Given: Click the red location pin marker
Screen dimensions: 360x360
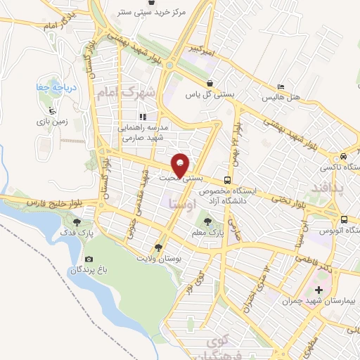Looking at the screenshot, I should pyautogui.click(x=181, y=165).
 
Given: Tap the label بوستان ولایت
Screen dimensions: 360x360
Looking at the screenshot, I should pyautogui.click(x=160, y=259).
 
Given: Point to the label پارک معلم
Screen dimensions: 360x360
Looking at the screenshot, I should pyautogui.click(x=207, y=231).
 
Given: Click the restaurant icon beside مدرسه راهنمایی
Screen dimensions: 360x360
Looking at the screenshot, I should pyautogui.click(x=143, y=117).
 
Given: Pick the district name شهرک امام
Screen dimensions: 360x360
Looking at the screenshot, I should pyautogui.click(x=138, y=92).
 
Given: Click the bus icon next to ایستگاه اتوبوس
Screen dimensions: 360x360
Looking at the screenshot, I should pyautogui.click(x=346, y=219).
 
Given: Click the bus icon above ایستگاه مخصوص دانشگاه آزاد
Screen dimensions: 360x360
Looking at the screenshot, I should pyautogui.click(x=227, y=180).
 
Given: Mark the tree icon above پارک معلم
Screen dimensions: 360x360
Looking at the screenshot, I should pyautogui.click(x=207, y=219).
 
